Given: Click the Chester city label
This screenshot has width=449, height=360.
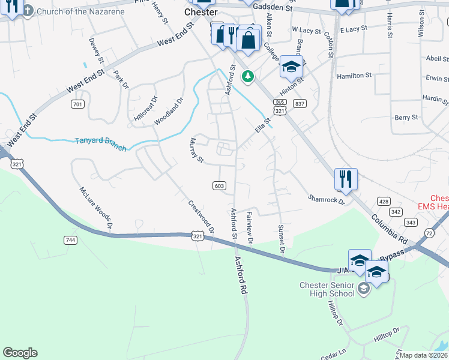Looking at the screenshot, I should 200,11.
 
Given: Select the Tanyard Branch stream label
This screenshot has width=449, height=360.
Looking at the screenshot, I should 100,144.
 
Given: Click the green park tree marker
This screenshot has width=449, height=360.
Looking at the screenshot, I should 247,76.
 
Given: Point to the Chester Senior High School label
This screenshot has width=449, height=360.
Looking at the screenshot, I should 328,289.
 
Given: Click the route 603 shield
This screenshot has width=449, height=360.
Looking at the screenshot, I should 219,186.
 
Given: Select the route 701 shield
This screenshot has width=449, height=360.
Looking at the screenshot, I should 77,104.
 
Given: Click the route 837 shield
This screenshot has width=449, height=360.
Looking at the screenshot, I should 299,104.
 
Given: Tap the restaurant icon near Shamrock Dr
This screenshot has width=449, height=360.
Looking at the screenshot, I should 346,179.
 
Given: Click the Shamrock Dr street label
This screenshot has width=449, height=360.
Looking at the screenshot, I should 327,199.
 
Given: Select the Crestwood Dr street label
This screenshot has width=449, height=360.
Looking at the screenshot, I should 201,217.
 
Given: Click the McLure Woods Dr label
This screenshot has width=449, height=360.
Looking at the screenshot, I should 96,208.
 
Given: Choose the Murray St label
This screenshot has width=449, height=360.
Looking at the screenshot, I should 196,150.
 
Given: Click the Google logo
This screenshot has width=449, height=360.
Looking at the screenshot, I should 20,353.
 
